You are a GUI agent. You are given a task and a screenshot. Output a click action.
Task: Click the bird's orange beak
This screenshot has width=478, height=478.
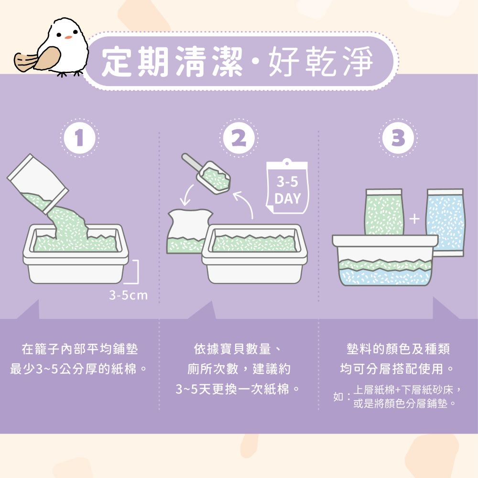68,37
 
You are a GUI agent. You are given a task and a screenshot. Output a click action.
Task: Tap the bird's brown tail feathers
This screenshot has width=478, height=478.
24,61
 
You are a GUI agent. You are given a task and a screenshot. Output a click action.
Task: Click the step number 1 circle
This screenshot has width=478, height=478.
79,138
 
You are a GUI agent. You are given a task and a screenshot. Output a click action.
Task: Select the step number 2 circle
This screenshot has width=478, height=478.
239,138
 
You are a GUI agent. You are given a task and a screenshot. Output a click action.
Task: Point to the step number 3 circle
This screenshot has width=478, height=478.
398,138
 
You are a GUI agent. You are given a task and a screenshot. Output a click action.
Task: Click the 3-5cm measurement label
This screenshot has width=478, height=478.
128,295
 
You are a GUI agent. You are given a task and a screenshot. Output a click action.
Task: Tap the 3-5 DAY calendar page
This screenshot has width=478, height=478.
287,186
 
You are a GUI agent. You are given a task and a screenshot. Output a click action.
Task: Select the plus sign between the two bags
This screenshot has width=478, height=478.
414,218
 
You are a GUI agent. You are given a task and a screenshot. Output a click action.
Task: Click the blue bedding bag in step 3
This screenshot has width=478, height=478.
445,223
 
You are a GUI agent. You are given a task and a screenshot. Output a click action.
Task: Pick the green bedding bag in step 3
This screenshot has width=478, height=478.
384,212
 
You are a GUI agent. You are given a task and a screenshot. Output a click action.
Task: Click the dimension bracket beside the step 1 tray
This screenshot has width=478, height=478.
136,272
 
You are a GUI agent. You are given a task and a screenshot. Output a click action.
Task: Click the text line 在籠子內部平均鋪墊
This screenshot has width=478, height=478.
80,349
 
